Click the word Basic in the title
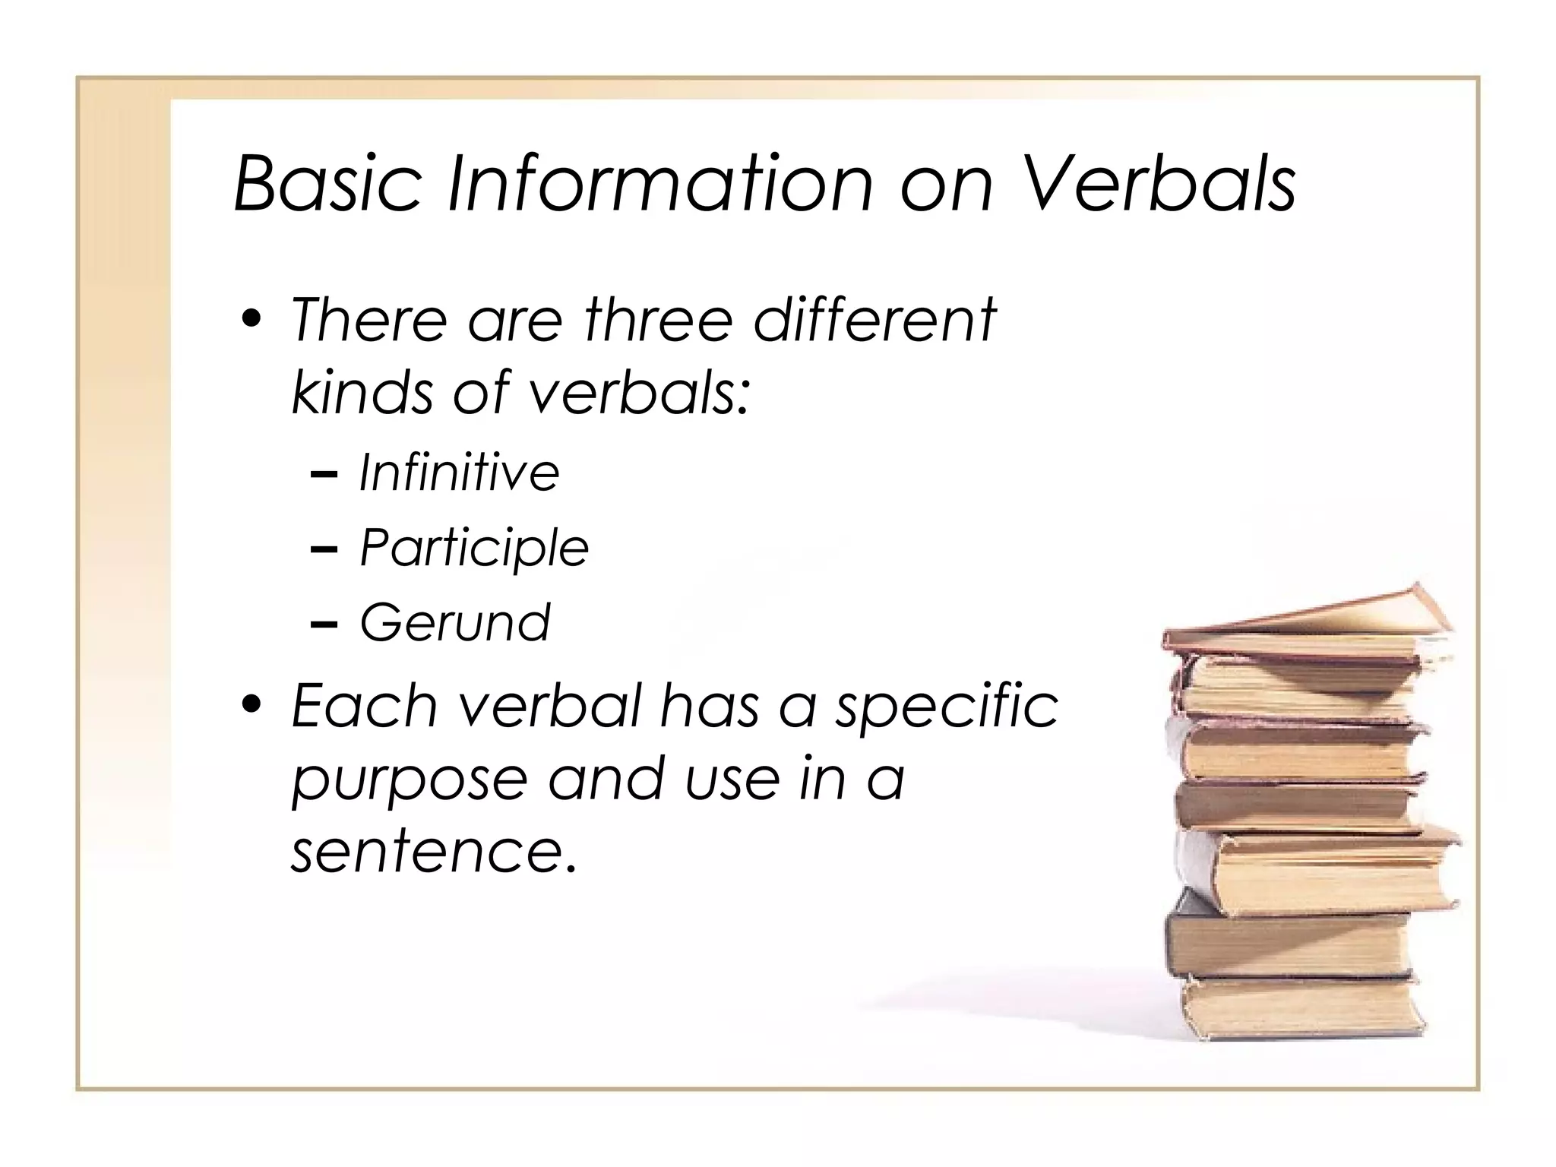[327, 184]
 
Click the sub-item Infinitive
[459, 473]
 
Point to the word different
[874, 321]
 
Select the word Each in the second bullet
[365, 707]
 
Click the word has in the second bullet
[710, 707]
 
